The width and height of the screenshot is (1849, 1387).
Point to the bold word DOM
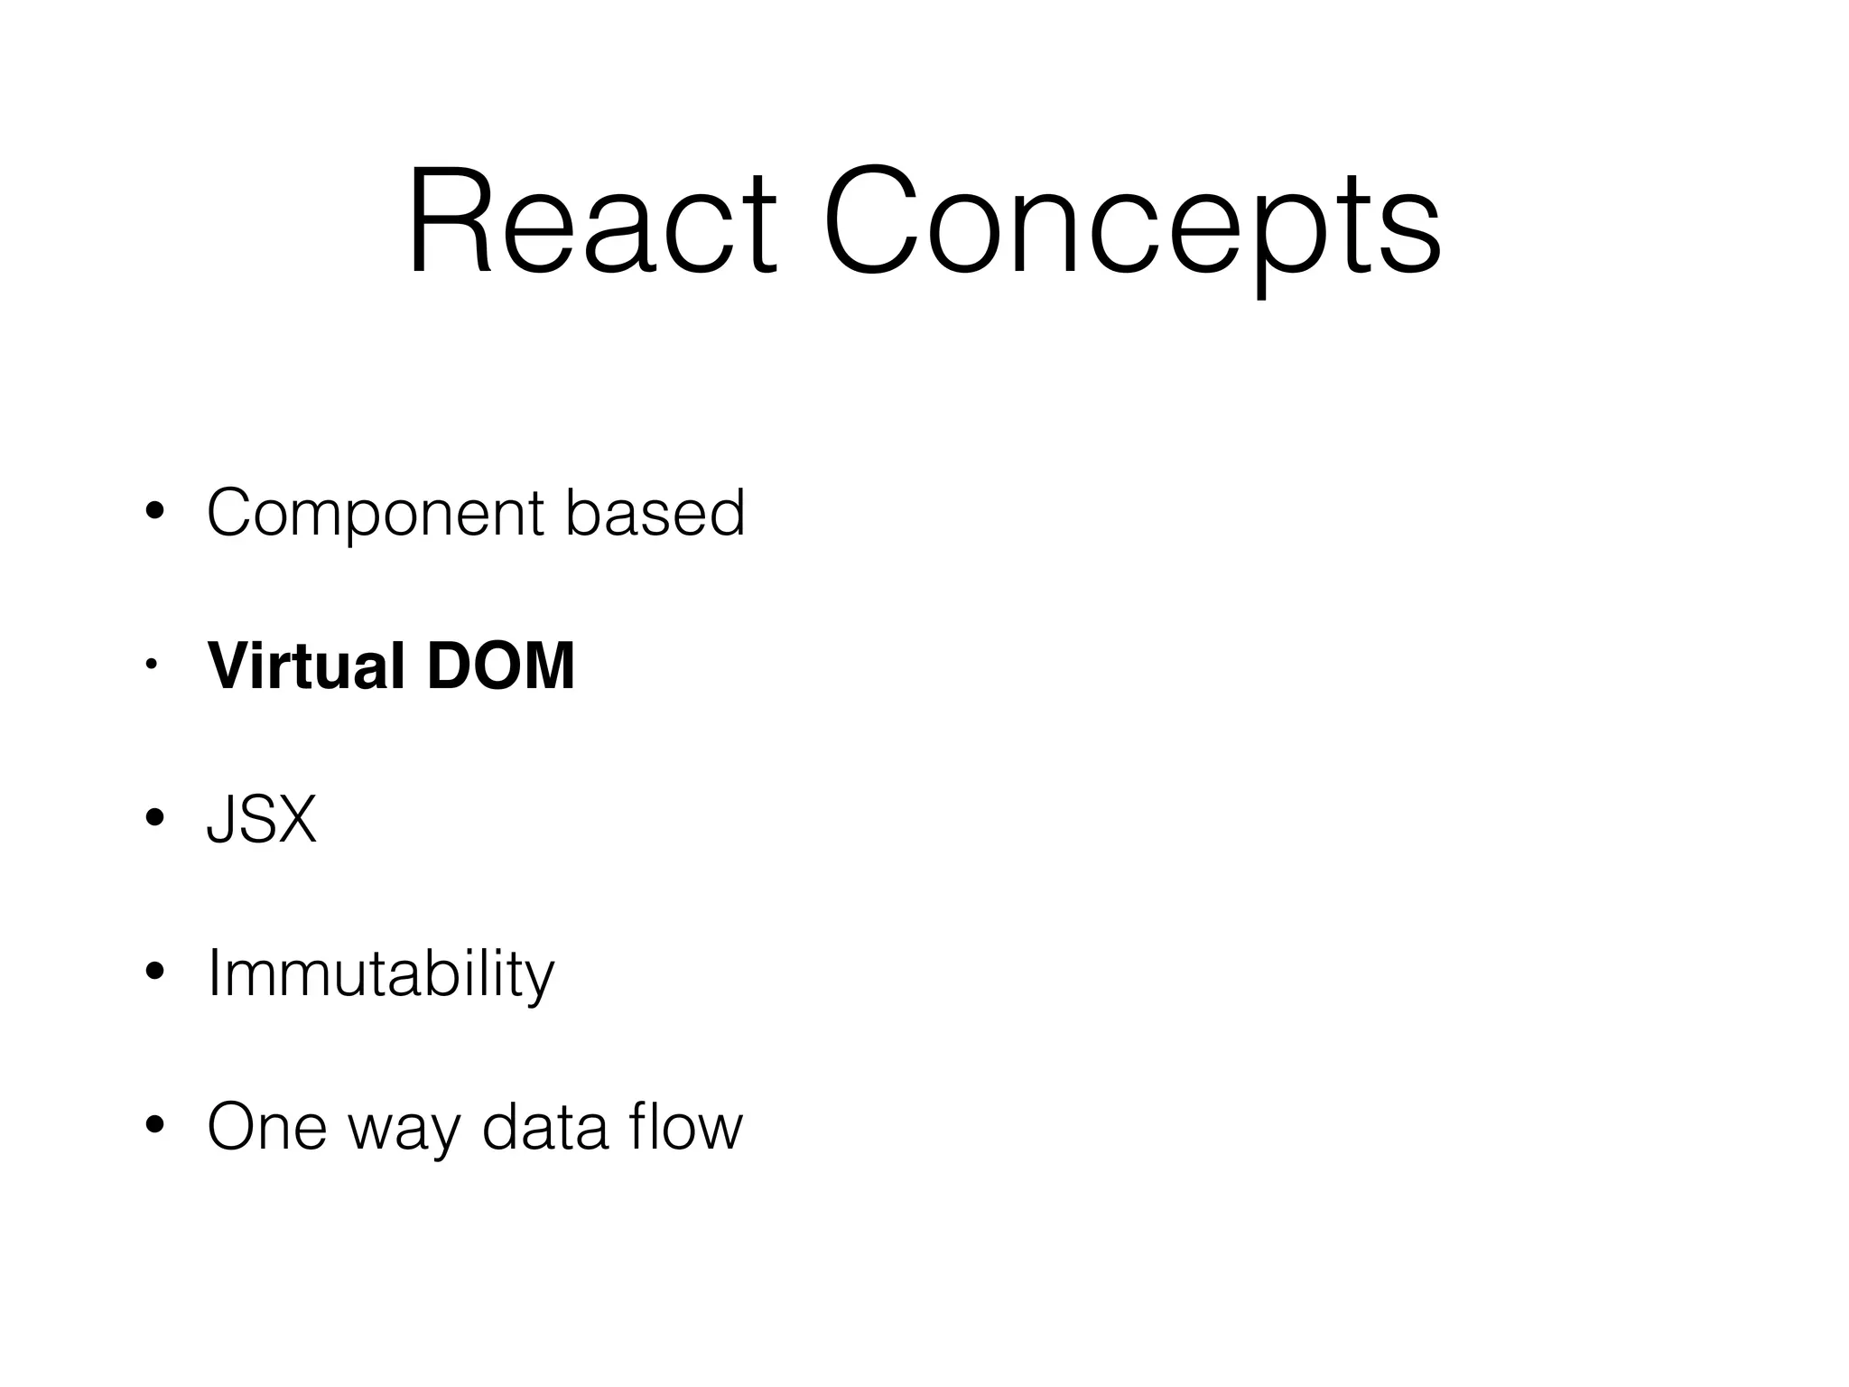[500, 666]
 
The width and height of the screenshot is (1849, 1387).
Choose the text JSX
[262, 820]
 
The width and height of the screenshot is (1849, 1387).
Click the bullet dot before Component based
[154, 512]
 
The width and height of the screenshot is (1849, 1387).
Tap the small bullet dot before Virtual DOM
[152, 666]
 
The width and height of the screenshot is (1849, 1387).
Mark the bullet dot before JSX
[154, 818]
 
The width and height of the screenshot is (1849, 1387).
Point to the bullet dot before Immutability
[154, 973]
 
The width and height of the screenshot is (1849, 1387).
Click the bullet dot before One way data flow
[154, 1126]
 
